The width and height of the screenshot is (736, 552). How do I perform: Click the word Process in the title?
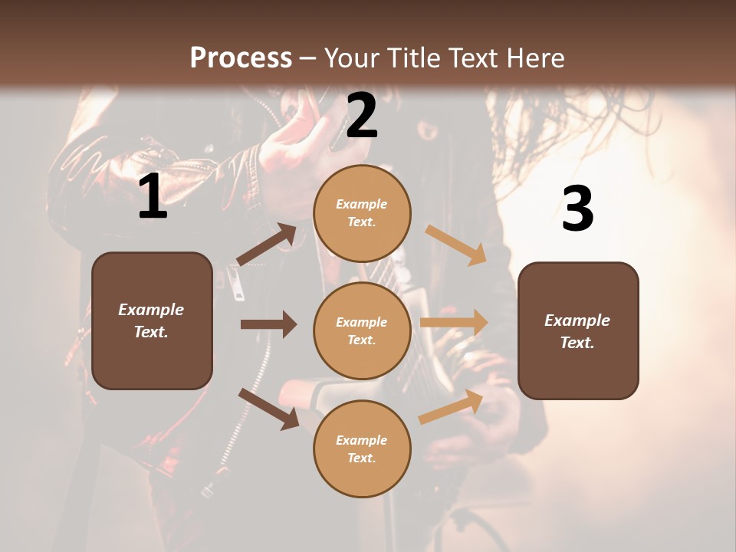point(241,58)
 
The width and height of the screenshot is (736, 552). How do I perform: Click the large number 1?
point(153,197)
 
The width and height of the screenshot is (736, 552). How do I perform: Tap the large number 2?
point(362,116)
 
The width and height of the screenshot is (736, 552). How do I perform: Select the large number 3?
point(577,209)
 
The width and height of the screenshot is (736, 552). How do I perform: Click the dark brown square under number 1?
point(152,320)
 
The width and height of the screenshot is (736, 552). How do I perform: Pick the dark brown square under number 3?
point(578,330)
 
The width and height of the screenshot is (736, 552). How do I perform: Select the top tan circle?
point(362,213)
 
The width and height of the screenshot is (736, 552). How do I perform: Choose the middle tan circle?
point(362,330)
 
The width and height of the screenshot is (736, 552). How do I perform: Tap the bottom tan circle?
point(362,449)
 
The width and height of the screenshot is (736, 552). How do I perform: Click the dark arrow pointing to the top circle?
point(267,245)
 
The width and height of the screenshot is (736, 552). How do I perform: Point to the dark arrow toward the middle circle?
point(268,324)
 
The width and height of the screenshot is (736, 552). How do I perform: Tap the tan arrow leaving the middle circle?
point(454,323)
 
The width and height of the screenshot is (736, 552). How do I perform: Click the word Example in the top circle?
point(361,204)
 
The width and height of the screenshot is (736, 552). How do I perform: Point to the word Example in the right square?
point(577,320)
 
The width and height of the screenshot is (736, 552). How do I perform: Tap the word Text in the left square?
point(151,332)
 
